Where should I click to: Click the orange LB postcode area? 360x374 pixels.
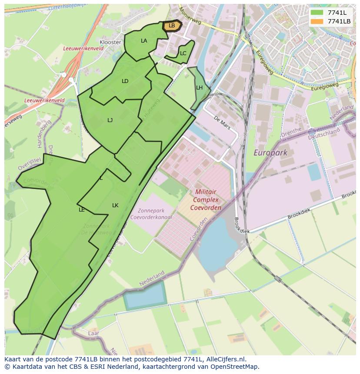tap(172, 26)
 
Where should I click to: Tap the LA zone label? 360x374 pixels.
tap(144, 41)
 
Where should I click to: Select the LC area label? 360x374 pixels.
tap(183, 53)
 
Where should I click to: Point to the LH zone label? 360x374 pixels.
tap(199, 88)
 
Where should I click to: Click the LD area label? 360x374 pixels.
tap(125, 81)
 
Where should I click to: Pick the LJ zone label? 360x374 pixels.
tap(110, 120)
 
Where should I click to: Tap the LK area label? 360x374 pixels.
tap(115, 205)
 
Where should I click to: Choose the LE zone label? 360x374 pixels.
tap(82, 210)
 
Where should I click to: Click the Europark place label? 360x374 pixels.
tap(270, 152)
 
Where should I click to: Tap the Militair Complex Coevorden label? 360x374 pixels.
tap(206, 199)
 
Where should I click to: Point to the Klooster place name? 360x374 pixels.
tap(110, 42)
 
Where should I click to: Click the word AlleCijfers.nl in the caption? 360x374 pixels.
tap(226, 359)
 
